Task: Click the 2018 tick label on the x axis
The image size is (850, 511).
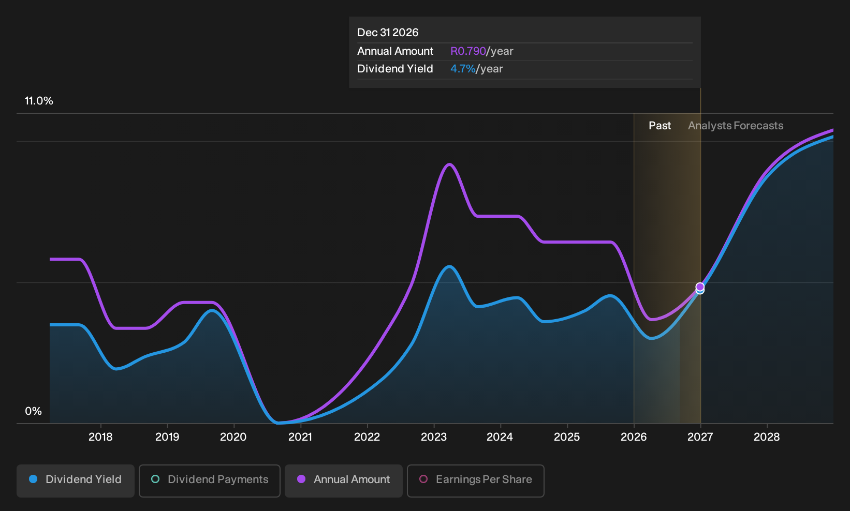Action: (100, 437)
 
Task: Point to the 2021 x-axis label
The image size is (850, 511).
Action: (300, 437)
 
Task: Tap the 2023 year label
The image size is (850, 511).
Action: (434, 437)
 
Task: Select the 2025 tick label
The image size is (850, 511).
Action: (567, 437)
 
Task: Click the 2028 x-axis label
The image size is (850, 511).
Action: (767, 437)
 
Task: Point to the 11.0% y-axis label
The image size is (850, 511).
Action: (39, 101)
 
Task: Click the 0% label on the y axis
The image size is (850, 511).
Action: (34, 411)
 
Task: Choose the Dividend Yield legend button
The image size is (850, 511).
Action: (76, 480)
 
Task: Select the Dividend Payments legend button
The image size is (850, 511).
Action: (210, 480)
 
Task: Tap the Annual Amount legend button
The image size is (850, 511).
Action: (343, 480)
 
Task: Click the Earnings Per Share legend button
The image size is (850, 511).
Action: (475, 480)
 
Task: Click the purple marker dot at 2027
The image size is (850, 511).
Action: (700, 287)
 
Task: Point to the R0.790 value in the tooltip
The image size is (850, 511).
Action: (468, 51)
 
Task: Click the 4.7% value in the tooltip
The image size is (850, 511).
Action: (463, 69)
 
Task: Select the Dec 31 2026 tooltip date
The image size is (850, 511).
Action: (387, 33)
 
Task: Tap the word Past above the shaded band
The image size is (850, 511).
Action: (660, 126)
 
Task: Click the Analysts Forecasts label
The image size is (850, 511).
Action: (736, 126)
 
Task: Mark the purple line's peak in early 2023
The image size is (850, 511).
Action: (450, 164)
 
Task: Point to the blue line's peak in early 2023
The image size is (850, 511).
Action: (449, 266)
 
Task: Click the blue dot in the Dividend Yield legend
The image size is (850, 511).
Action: (34, 479)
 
